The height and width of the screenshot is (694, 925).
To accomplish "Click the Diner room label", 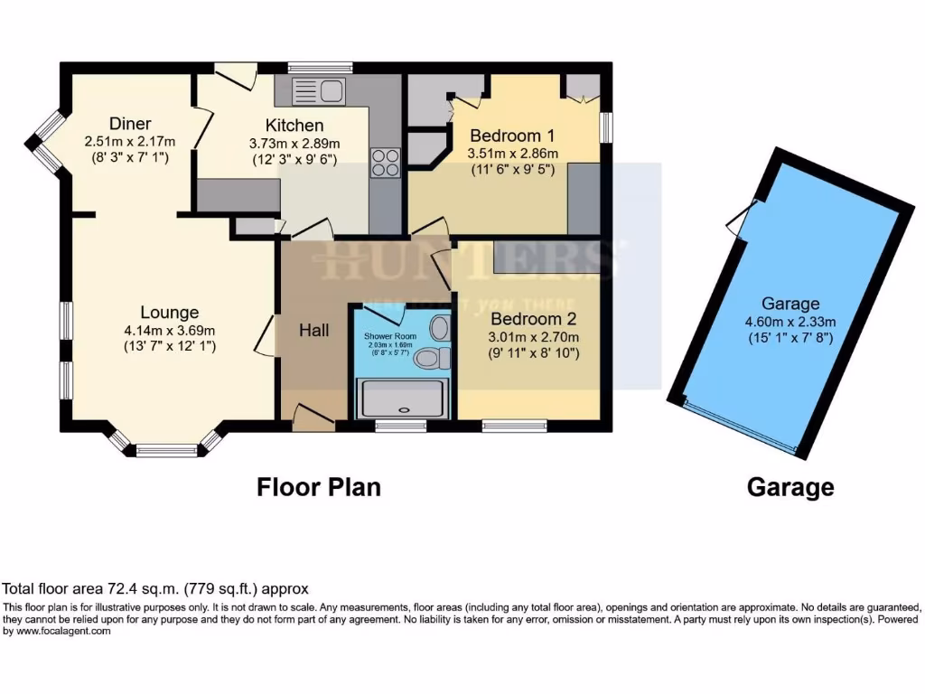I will [x=130, y=124].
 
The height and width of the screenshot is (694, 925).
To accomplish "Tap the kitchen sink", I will [x=319, y=90].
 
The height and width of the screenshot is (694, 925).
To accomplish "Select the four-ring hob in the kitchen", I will [x=385, y=162].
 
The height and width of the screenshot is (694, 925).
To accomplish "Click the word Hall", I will [x=314, y=331].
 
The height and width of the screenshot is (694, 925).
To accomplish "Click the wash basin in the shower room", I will [x=441, y=326].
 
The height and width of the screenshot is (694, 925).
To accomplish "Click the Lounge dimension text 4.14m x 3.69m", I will [x=170, y=330].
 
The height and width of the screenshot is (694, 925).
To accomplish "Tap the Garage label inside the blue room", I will [x=790, y=304].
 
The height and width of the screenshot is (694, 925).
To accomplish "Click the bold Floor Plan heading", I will [x=319, y=488].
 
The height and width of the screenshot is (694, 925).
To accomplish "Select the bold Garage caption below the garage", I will [x=790, y=488].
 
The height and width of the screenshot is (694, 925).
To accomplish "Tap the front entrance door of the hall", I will [x=313, y=416].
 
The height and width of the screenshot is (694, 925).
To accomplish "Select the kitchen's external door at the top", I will [x=236, y=76].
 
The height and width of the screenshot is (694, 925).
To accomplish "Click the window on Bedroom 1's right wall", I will [x=606, y=127].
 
